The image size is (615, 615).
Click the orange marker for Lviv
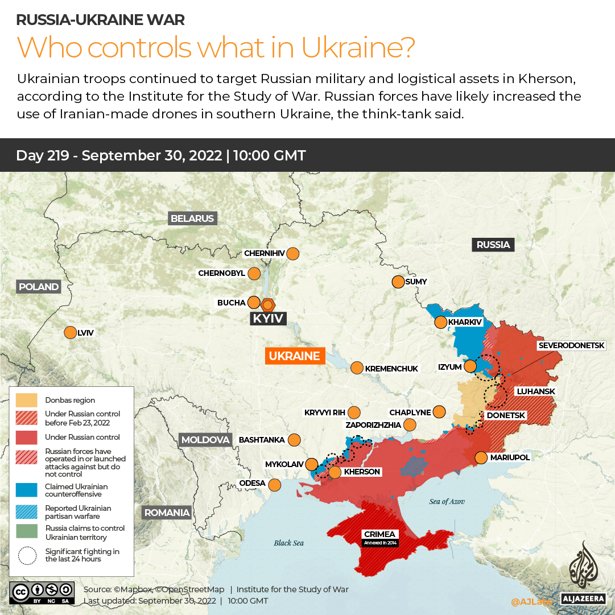pyautogui.click(x=70, y=332)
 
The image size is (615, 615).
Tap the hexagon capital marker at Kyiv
pyautogui.click(x=267, y=304)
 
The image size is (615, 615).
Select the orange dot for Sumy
pyautogui.click(x=397, y=282)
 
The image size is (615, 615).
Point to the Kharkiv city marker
pyautogui.click(x=440, y=323)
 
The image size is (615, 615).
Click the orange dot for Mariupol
pyautogui.click(x=481, y=457)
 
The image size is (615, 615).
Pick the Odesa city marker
pyautogui.click(x=275, y=485)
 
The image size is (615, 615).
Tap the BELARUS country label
pyautogui.click(x=192, y=218)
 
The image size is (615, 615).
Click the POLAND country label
pyautogui.click(x=39, y=287)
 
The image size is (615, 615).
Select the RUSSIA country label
pyautogui.click(x=493, y=245)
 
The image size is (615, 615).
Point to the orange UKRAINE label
pyautogui.click(x=294, y=356)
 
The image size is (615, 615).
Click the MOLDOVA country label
pyautogui.click(x=205, y=440)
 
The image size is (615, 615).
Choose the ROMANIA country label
pyautogui.click(x=167, y=513)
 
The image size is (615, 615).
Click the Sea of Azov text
pyautogui.click(x=447, y=501)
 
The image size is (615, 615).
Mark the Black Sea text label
pyautogui.click(x=288, y=543)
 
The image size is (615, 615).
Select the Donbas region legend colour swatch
pyautogui.click(x=27, y=400)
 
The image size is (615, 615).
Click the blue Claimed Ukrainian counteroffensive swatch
pyautogui.click(x=27, y=490)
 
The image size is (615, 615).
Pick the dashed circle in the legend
pyautogui.click(x=27, y=555)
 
